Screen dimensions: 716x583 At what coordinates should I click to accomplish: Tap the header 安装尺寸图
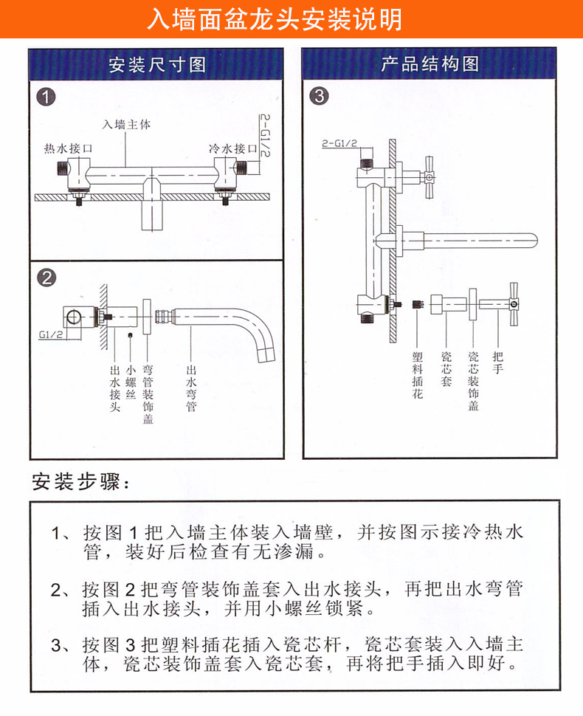coord(156,64)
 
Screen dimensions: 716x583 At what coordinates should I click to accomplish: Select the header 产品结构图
coord(430,64)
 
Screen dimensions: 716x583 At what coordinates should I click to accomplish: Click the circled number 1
coord(47,97)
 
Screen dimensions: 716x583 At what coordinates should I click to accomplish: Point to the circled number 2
coord(47,278)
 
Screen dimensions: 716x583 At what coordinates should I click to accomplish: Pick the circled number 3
coord(320,97)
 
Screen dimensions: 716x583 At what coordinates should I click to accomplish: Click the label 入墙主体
coord(126,125)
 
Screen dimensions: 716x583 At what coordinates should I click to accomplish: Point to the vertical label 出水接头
coord(115,388)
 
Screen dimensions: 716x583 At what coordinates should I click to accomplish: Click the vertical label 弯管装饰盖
coord(148,394)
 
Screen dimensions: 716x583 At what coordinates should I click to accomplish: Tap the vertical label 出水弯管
coord(191,388)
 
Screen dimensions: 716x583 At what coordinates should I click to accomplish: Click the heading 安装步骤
coord(81,483)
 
